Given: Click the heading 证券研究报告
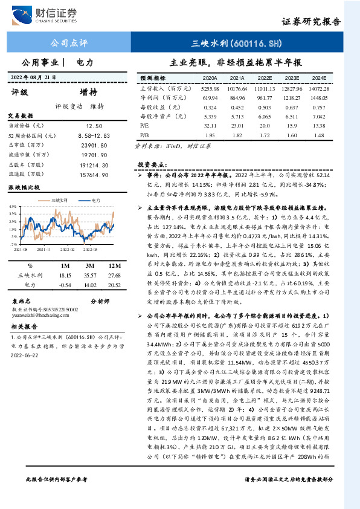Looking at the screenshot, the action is point(312,21).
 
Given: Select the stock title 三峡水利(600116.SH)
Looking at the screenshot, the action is point(236,44).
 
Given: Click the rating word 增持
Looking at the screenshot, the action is point(88,92).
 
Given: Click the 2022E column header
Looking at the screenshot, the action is point(265,79).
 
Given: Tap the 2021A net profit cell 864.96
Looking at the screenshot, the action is point(237,97).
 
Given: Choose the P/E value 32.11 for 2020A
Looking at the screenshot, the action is point(210,124).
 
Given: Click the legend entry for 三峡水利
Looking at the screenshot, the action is point(59,199).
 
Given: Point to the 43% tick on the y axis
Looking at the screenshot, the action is point(13,207).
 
